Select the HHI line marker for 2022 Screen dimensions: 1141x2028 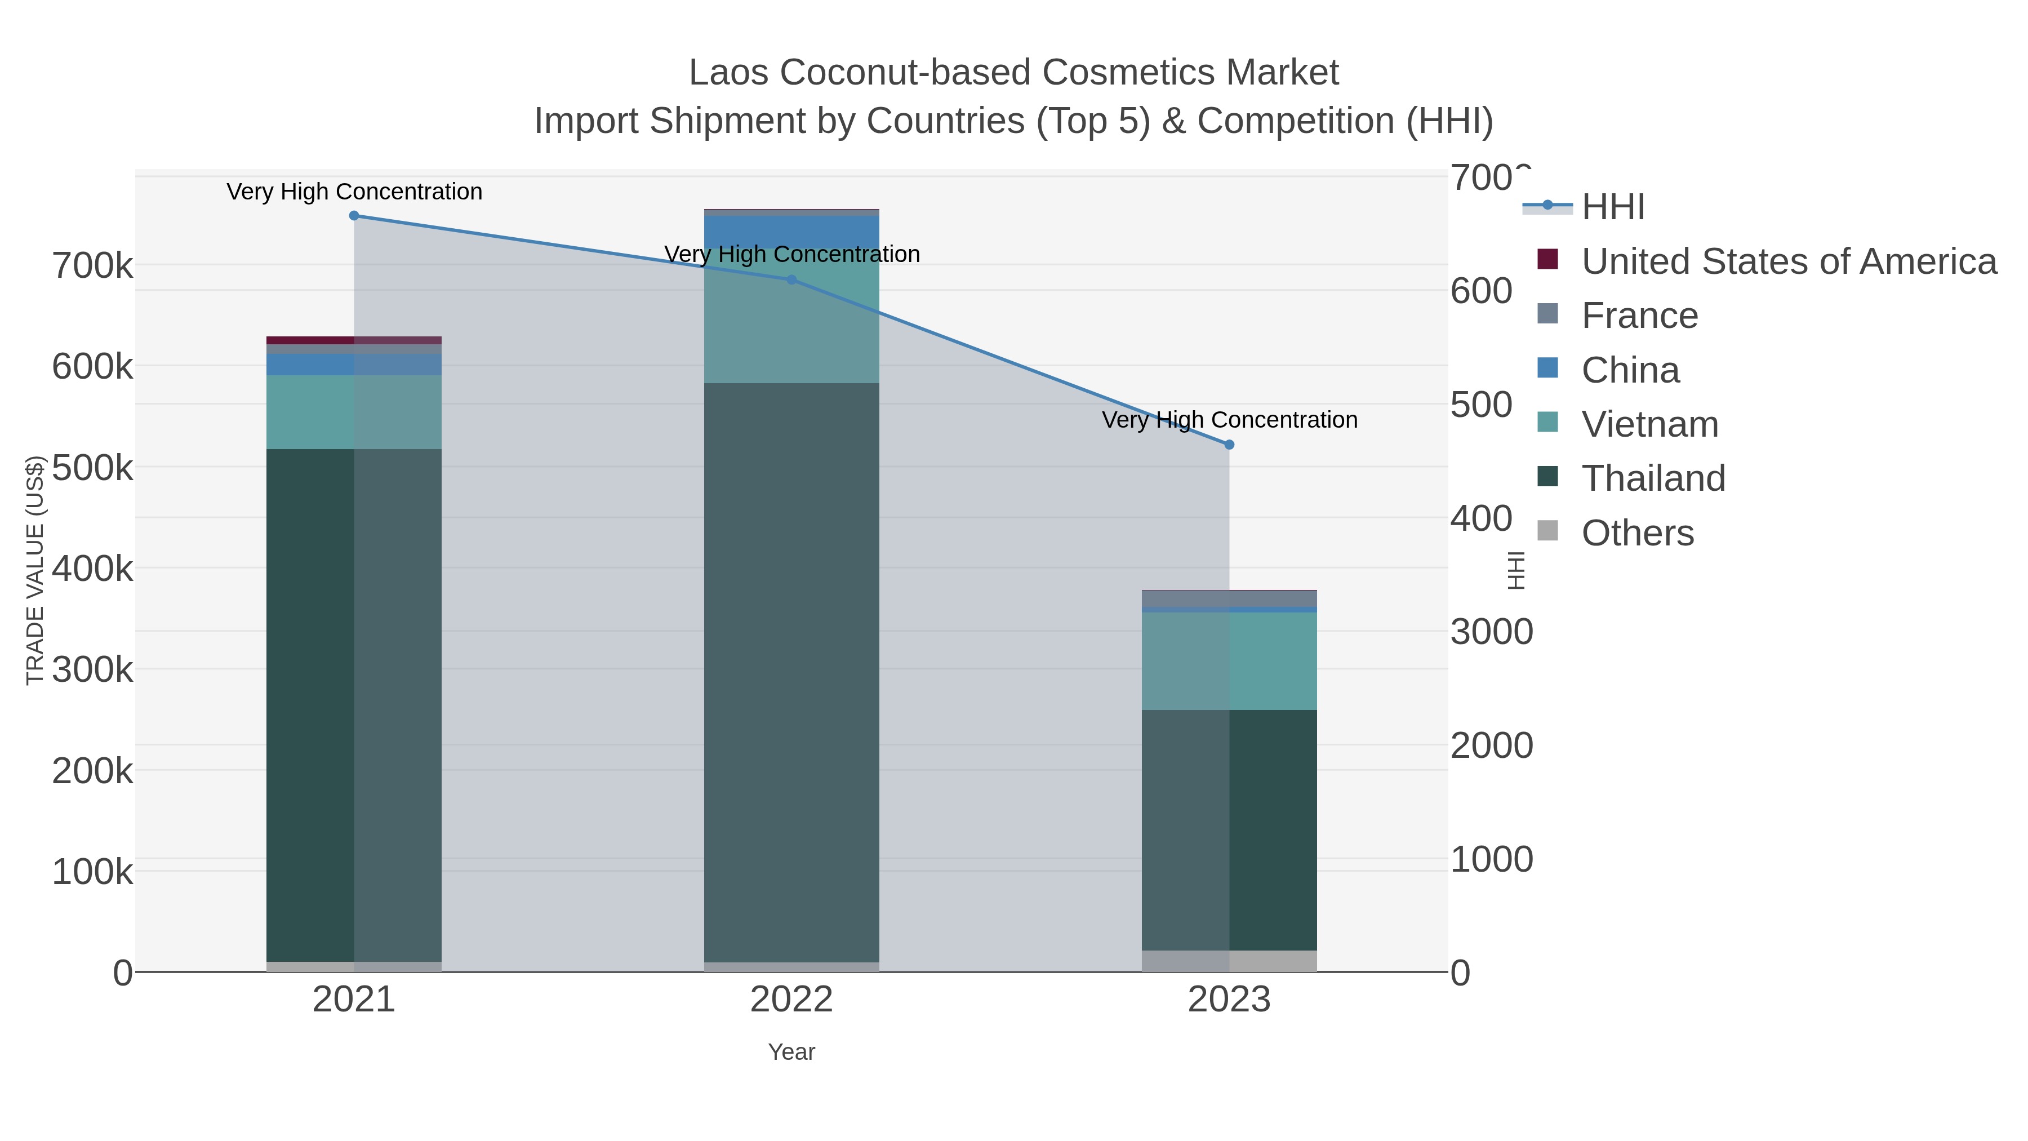(792, 279)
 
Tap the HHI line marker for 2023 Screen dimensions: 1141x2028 (1230, 445)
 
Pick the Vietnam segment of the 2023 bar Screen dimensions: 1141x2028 (1229, 661)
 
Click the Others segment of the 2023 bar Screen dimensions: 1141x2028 (1229, 961)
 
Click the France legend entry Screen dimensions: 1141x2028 (1639, 316)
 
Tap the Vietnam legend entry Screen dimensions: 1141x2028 (1649, 424)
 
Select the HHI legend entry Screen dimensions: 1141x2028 (1612, 207)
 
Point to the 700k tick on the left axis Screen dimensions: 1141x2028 (92, 266)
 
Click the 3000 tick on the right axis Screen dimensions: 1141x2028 (1491, 632)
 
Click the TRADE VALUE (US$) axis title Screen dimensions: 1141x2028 (35, 570)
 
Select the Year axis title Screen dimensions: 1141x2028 (791, 1052)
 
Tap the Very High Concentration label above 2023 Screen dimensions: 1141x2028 (1230, 420)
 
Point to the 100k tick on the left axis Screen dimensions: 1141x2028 (92, 872)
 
